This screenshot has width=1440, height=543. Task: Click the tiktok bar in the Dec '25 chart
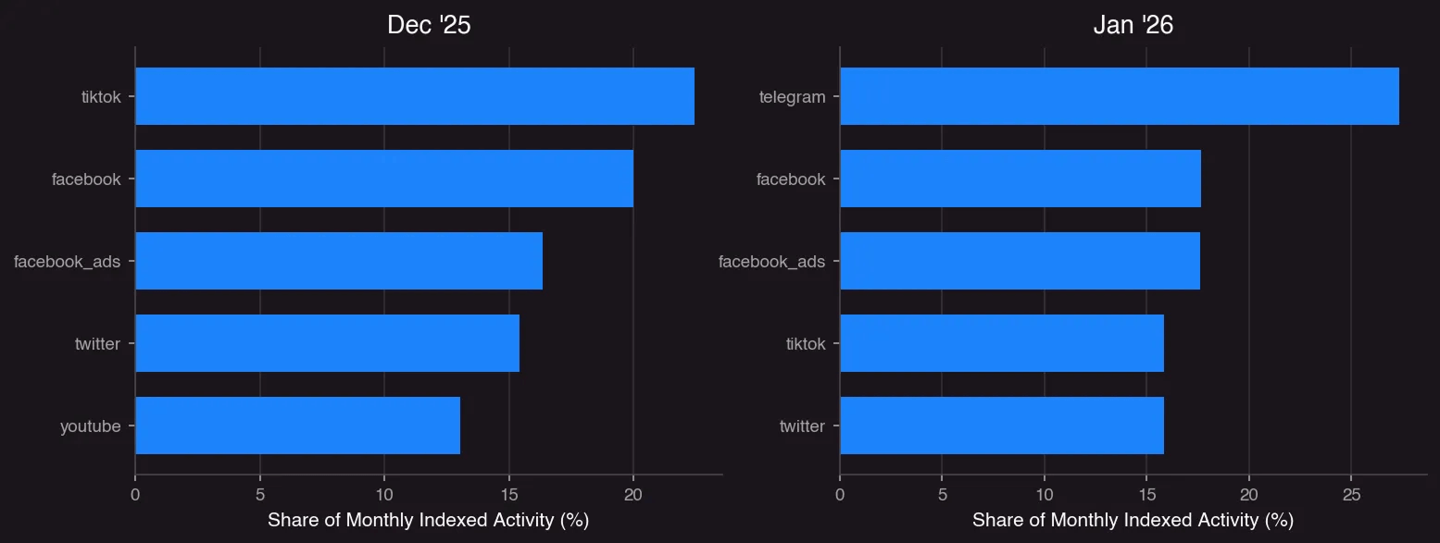[x=414, y=96]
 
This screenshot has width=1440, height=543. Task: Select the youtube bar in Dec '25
[x=297, y=426]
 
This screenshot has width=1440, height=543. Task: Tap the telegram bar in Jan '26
[x=1119, y=96]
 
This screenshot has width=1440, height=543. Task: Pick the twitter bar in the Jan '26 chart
[x=1001, y=426]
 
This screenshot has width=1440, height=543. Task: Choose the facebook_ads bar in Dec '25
[x=338, y=261]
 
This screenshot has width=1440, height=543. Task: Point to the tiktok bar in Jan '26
[x=1001, y=343]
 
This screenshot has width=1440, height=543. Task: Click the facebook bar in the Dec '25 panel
[x=383, y=179]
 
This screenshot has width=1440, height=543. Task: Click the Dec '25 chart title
[x=429, y=25]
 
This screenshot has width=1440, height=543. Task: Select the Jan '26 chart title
[x=1133, y=25]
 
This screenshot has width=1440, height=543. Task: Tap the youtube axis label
[x=91, y=426]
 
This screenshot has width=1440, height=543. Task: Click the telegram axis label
[x=792, y=96]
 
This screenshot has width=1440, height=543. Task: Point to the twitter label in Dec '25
[x=97, y=344]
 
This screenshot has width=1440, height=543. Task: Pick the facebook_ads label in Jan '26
[x=771, y=262]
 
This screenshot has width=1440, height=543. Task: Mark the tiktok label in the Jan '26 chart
[x=805, y=344]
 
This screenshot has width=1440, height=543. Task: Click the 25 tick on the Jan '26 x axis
[x=1351, y=495]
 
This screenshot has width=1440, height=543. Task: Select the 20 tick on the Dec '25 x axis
[x=632, y=495]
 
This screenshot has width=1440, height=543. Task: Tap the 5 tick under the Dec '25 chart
[x=260, y=495]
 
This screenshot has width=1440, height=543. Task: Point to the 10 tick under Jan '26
[x=1044, y=495]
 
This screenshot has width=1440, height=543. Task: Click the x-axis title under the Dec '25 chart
[x=428, y=521]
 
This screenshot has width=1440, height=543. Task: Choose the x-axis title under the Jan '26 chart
[x=1133, y=521]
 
